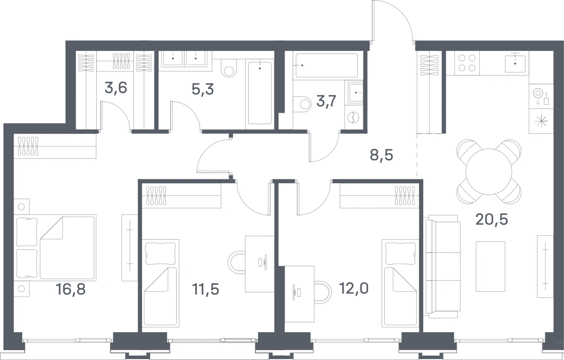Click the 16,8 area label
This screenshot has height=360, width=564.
(x=71, y=289)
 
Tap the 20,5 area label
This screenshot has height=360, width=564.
(x=492, y=220)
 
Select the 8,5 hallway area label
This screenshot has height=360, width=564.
(x=381, y=155)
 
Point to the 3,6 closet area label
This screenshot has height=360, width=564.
(x=116, y=88)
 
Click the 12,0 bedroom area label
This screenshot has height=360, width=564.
(x=354, y=289)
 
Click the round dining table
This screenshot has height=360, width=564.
(x=489, y=172)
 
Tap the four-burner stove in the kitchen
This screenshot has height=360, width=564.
(x=467, y=63)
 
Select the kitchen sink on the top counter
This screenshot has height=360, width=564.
(x=515, y=64)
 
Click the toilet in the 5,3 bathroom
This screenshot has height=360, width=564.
(x=229, y=68)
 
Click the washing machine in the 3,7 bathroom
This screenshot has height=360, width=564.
(x=353, y=118)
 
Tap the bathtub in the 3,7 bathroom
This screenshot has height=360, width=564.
(x=327, y=65)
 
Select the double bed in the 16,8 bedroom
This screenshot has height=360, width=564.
(x=55, y=247)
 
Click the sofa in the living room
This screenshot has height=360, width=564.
(x=442, y=266)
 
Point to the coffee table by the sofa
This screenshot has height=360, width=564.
(x=490, y=266)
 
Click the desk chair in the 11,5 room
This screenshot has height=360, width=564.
(x=237, y=262)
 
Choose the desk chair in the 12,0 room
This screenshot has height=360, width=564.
(x=323, y=292)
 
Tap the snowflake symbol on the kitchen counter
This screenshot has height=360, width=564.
(x=541, y=122)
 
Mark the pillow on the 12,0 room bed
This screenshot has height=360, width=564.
(x=401, y=253)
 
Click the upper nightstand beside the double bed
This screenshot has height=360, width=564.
(x=21, y=207)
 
